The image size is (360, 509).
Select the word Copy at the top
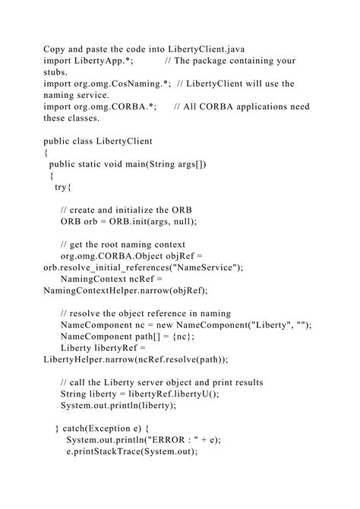tap(55, 47)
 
